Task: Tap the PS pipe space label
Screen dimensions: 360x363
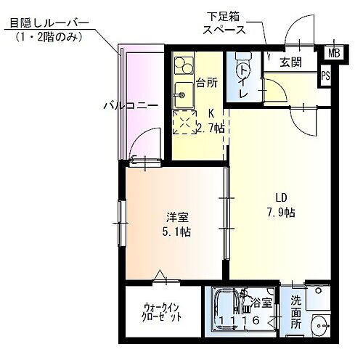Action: click(x=326, y=75)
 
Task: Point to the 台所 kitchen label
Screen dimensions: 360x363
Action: click(x=206, y=82)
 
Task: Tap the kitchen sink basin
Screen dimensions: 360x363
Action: click(x=182, y=93)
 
